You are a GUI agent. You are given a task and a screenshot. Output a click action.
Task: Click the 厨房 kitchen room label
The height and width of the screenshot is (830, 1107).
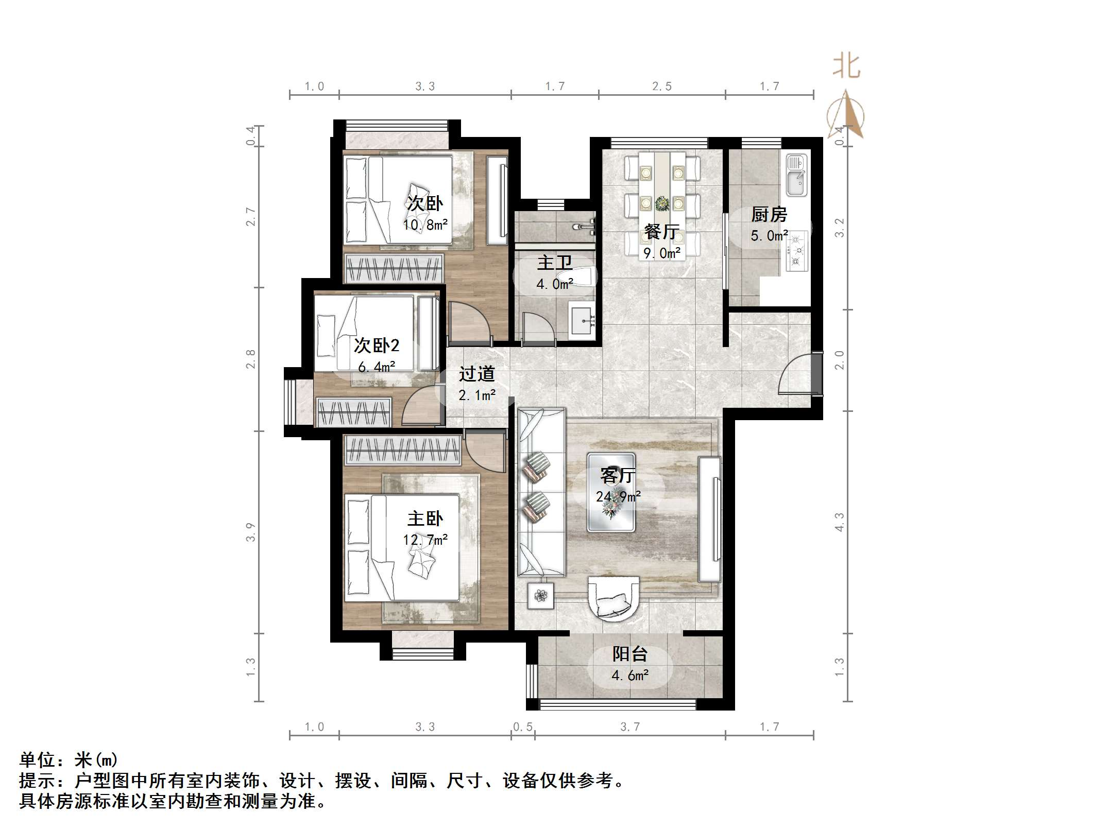pyautogui.click(x=769, y=214)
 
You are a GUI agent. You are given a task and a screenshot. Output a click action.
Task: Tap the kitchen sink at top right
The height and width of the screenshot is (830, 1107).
pyautogui.click(x=796, y=175)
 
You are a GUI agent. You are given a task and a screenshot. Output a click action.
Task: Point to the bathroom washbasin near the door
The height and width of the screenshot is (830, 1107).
pyautogui.click(x=583, y=320)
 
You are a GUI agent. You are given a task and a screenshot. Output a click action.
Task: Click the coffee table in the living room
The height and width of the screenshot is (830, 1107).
pyautogui.click(x=611, y=492)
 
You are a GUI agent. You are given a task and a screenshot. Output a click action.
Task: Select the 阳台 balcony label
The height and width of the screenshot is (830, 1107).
pyautogui.click(x=629, y=654)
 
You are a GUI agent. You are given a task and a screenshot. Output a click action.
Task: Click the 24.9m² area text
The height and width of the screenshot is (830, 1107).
pyautogui.click(x=618, y=496)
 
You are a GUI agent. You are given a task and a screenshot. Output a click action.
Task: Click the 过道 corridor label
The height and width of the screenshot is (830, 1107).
pyautogui.click(x=476, y=373)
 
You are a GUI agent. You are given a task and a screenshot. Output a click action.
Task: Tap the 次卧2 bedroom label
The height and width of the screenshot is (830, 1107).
pyautogui.click(x=377, y=345)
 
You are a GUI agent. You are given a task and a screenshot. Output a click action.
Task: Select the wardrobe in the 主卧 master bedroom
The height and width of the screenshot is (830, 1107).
pyautogui.click(x=402, y=449)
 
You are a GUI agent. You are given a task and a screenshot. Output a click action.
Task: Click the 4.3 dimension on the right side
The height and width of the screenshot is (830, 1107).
pyautogui.click(x=840, y=522)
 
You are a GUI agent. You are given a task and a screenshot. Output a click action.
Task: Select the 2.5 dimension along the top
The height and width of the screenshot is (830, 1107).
pyautogui.click(x=662, y=87)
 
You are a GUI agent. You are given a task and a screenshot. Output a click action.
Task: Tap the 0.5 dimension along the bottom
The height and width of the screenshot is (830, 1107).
pyautogui.click(x=522, y=727)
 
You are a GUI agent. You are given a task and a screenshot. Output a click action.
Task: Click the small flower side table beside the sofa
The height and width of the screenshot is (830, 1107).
pyautogui.click(x=540, y=596)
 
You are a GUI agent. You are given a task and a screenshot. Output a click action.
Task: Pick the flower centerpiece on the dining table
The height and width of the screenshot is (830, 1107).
pyautogui.click(x=662, y=204)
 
